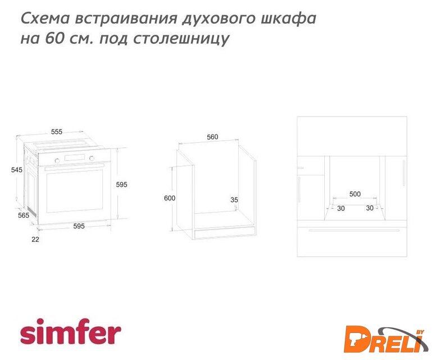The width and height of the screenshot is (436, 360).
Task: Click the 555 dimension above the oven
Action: click(57, 132)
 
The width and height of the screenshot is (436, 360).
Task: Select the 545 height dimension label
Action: click(17, 169)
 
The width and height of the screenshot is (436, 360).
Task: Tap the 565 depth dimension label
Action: click(24, 215)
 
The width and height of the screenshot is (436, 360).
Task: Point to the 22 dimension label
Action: click(35, 240)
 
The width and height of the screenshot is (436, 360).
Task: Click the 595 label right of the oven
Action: click(121, 184)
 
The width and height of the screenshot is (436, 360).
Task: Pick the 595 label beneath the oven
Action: click(79, 226)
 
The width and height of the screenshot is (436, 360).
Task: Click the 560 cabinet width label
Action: click(212, 137)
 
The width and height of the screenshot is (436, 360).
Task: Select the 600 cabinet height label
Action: click(170, 198)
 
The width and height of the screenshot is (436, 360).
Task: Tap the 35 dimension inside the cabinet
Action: click(234, 200)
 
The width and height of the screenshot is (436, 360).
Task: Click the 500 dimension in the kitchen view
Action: click(355, 194)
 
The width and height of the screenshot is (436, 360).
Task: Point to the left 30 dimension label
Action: click(341, 208)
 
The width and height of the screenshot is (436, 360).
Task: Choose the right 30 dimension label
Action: click(370, 208)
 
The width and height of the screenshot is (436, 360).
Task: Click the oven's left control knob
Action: click(57, 161)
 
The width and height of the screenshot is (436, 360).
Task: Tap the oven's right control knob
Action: click(92, 159)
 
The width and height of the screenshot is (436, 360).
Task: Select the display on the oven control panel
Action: click(75, 157)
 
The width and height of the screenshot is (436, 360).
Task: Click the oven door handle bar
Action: click(74, 167)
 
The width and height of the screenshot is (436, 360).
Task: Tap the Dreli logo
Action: click(386, 339)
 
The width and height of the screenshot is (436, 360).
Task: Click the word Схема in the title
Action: click(45, 19)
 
